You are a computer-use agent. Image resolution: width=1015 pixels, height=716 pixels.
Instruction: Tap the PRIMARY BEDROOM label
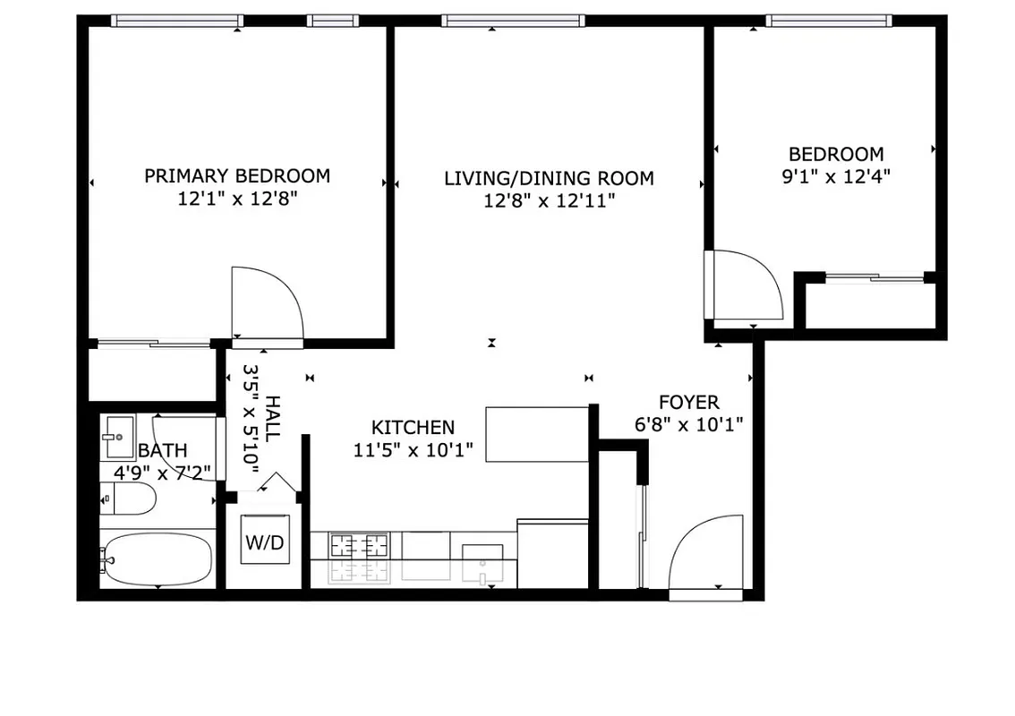point(237,175)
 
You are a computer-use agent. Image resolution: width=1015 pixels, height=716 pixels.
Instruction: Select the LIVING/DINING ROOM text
point(549,178)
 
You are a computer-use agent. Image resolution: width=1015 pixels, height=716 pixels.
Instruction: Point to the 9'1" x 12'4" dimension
point(836,176)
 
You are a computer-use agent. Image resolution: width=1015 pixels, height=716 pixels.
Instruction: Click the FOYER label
point(688,402)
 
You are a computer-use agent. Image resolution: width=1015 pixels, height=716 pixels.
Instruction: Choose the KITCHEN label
point(413,428)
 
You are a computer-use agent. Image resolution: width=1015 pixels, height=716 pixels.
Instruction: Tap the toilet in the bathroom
point(126,499)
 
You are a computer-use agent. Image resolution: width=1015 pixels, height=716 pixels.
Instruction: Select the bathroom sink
point(117,438)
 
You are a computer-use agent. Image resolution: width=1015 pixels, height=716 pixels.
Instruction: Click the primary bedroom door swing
point(267,303)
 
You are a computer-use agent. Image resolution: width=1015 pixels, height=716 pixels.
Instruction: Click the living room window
point(513,21)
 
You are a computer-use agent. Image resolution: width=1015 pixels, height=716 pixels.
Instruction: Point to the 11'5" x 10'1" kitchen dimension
point(413,449)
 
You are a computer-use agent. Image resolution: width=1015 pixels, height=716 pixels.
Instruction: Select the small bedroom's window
point(829,21)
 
